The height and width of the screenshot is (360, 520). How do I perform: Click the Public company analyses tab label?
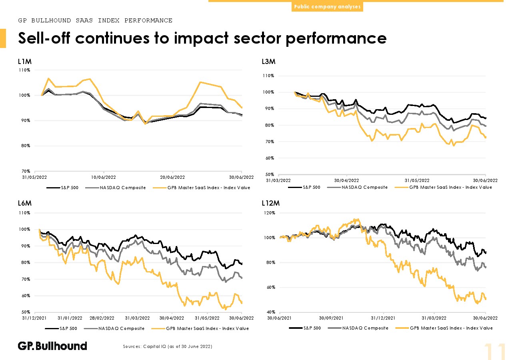pos(327,7)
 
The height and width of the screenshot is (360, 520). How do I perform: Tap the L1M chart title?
pos(24,62)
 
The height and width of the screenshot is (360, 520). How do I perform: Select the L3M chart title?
pos(268,62)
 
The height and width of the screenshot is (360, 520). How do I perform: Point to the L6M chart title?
pos(24,204)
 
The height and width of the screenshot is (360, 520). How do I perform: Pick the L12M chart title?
pos(270,204)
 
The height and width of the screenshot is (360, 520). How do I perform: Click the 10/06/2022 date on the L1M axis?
pos(104,177)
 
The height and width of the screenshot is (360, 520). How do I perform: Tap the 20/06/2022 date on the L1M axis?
pos(172,177)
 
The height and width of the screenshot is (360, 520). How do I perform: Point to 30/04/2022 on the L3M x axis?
pos(346,180)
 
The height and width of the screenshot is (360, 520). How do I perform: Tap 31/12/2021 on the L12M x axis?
pos(384,318)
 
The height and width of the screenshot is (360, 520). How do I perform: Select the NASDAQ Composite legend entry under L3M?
pos(364,187)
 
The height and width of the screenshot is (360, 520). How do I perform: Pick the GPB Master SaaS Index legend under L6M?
pos(207,328)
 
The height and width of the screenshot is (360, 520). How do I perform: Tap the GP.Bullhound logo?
pos(52,346)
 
